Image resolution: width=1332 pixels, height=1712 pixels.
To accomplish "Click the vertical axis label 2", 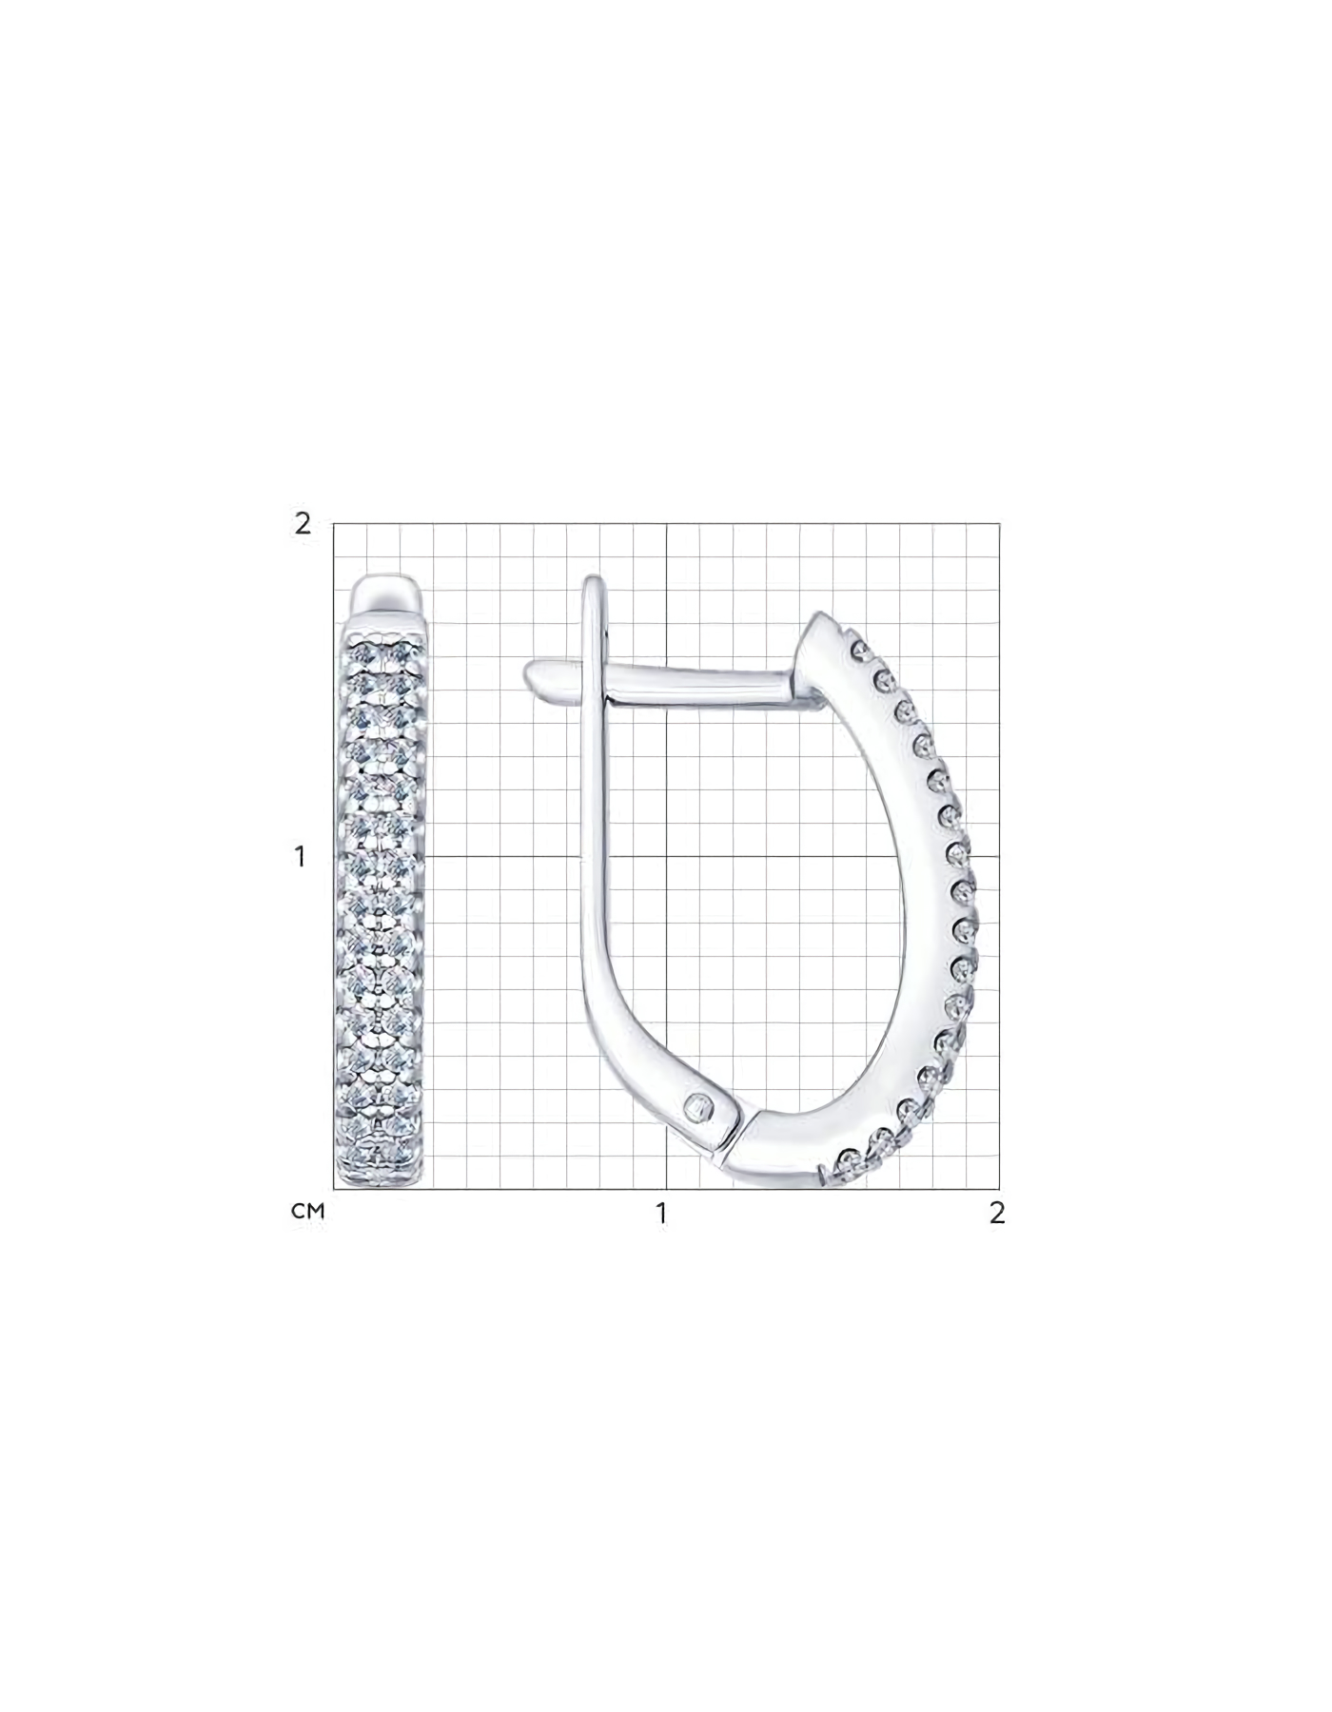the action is pyautogui.click(x=303, y=523).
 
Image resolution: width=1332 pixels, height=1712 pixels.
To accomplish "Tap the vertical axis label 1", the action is pyautogui.click(x=302, y=856).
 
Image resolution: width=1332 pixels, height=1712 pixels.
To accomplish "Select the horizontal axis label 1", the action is pyautogui.click(x=661, y=1214).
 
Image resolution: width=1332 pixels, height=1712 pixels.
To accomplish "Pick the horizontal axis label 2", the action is pyautogui.click(x=996, y=1213).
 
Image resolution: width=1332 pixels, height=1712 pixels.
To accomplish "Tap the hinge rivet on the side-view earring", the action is pyautogui.click(x=701, y=1105).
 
